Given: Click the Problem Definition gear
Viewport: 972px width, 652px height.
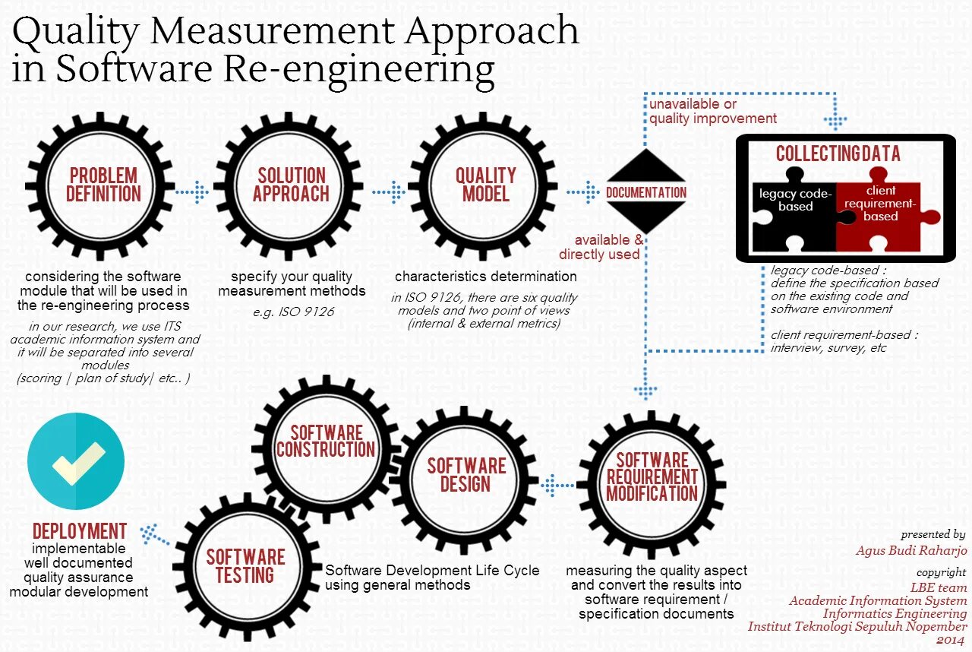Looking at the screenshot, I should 103,185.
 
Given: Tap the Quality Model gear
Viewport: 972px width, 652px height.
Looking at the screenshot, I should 486,185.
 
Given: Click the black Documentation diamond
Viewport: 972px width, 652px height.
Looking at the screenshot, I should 645,191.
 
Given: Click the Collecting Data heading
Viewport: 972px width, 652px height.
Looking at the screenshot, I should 838,154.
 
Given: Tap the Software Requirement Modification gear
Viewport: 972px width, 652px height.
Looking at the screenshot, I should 652,476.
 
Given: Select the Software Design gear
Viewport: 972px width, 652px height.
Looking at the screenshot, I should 465,474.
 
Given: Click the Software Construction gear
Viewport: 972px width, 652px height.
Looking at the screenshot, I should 325,442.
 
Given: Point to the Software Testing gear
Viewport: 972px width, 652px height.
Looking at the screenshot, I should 245,566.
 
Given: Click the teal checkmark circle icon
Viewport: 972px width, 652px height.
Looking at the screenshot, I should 76,461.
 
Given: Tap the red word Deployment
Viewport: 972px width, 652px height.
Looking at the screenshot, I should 80,531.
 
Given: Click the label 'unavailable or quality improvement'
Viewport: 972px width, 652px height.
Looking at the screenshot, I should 712,111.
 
